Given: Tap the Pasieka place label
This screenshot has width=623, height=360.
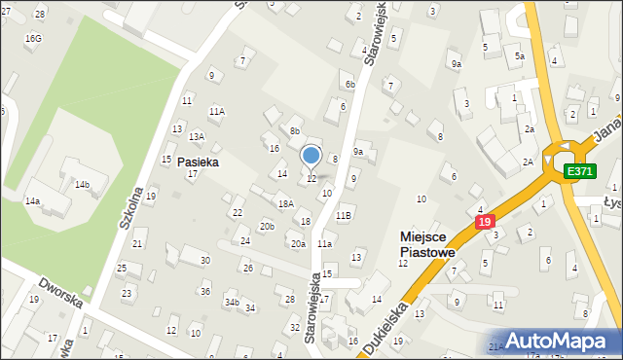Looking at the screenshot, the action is click(198, 162).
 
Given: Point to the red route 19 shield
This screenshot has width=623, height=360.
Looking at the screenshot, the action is click(485, 223).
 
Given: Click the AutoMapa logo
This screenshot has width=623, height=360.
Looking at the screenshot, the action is click(564, 341).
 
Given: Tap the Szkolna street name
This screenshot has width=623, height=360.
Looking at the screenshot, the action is click(131, 207).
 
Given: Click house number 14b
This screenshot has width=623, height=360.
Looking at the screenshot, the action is click(83, 184).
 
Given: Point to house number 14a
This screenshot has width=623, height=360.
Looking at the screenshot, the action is click(33, 201).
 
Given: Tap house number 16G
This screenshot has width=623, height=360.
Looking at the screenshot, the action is click(34, 38).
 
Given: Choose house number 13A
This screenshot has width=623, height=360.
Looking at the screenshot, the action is click(197, 136).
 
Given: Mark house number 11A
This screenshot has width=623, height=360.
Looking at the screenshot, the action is click(216, 112).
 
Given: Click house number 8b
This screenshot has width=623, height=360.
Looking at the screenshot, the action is click(294, 130).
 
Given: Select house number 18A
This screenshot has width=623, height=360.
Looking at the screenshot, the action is click(285, 204).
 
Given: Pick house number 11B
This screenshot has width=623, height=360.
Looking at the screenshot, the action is click(344, 215).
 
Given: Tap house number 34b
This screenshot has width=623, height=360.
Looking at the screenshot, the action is click(232, 303).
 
